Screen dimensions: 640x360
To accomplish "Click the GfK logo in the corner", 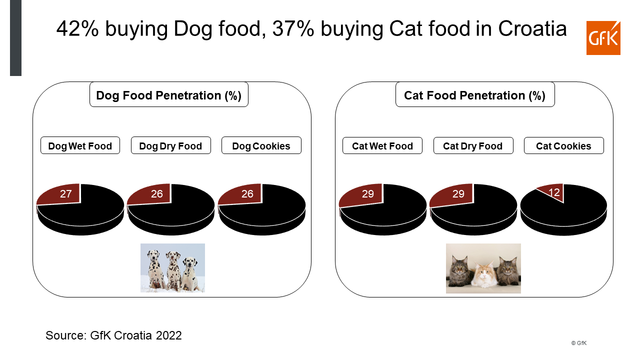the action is coord(603,37).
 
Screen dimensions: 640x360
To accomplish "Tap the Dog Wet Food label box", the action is coord(80,145).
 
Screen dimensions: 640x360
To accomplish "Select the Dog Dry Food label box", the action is coord(171,145).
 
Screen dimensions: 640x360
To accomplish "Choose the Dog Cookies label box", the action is coord(261,145).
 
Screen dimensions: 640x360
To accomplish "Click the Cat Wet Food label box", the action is coord(382,145).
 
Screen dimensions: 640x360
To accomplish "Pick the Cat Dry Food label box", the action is coord(473,145).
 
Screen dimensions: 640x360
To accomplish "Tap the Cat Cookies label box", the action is coord(563,145).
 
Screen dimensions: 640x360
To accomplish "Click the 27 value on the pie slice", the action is coord(65,193).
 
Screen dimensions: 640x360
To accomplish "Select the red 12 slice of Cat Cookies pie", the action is coord(553,192).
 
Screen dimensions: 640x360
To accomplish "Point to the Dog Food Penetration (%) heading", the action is coord(169,95).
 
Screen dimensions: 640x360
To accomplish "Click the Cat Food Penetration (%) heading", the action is coord(475,95).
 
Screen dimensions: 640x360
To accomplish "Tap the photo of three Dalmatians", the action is coord(172,267).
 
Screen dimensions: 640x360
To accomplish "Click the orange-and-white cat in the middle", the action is coord(483,275).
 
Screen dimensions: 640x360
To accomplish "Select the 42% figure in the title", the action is coord(77,28).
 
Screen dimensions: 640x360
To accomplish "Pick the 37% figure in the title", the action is coord(293,28).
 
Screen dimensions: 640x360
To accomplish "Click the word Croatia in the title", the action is coord(532,28).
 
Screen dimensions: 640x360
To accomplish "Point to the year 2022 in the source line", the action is coord(168,335).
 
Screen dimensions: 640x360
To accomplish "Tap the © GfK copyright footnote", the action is coord(579,343).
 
